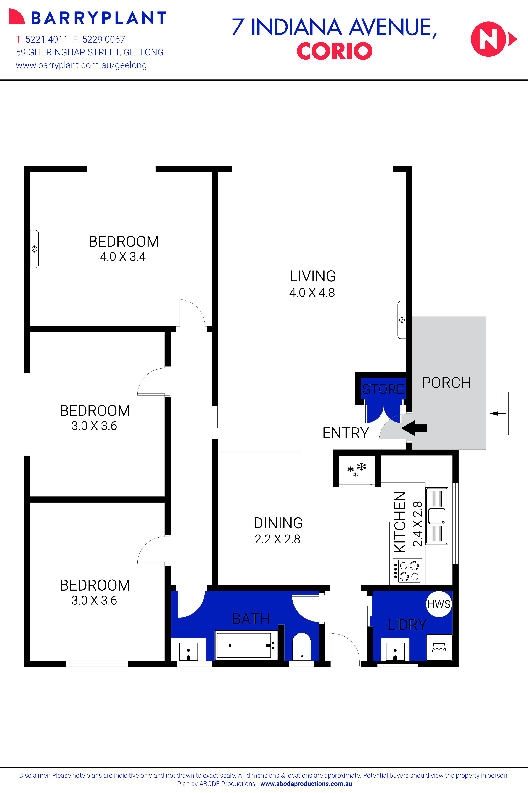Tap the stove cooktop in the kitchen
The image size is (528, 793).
coord(407,571)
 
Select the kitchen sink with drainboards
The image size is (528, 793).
coord(437,516)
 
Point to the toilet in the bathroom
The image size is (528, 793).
coord(301,646)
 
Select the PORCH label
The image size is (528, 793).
coord(446,383)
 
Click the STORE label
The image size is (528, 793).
coord(383,389)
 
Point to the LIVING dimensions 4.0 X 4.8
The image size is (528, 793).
coord(312,292)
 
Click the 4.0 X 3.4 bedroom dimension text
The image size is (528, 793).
coord(123,257)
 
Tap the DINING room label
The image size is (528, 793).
coord(278,523)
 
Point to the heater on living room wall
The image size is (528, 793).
coord(402,320)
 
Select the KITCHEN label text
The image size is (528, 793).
coord(400,522)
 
